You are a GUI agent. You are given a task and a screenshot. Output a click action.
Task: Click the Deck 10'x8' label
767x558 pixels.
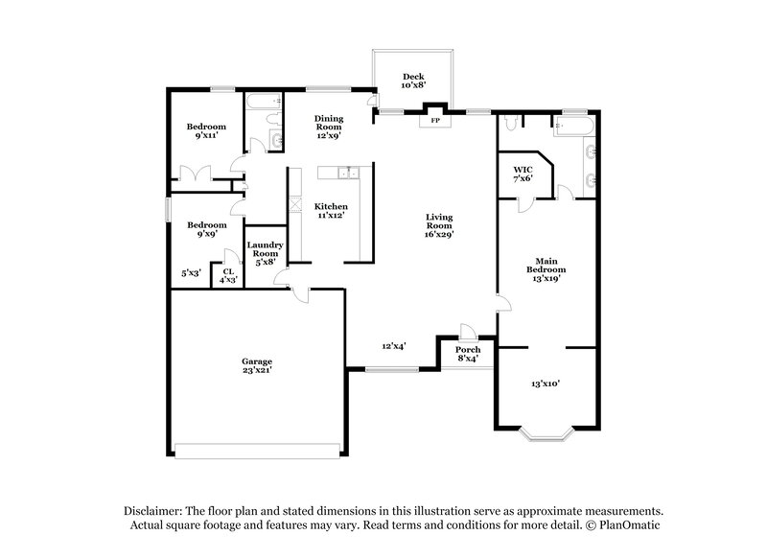click(413, 81)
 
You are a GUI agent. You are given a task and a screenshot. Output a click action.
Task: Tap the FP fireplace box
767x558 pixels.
click(435, 121)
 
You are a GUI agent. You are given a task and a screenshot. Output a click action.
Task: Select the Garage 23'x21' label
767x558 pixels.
click(256, 366)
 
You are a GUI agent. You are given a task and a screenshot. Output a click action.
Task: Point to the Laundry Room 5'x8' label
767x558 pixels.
click(264, 253)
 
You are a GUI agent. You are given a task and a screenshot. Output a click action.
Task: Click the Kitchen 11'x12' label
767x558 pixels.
click(331, 211)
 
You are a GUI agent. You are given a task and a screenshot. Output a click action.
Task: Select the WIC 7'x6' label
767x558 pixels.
click(523, 173)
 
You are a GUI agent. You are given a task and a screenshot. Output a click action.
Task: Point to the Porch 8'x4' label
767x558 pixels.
click(467, 355)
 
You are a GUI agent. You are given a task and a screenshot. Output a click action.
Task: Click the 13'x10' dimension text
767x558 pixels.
click(545, 383)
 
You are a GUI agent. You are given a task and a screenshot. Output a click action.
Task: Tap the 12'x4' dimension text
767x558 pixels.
click(394, 346)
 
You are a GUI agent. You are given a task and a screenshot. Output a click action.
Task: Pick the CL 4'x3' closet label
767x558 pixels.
click(229, 274)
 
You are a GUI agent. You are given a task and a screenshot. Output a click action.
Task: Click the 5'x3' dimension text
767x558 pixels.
click(192, 273)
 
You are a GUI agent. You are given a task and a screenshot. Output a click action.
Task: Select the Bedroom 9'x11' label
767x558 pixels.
click(205, 132)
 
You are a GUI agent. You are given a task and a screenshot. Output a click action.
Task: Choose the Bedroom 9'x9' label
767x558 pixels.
click(205, 229)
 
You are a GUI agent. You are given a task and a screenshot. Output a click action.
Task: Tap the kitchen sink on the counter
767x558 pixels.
click(346, 173)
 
